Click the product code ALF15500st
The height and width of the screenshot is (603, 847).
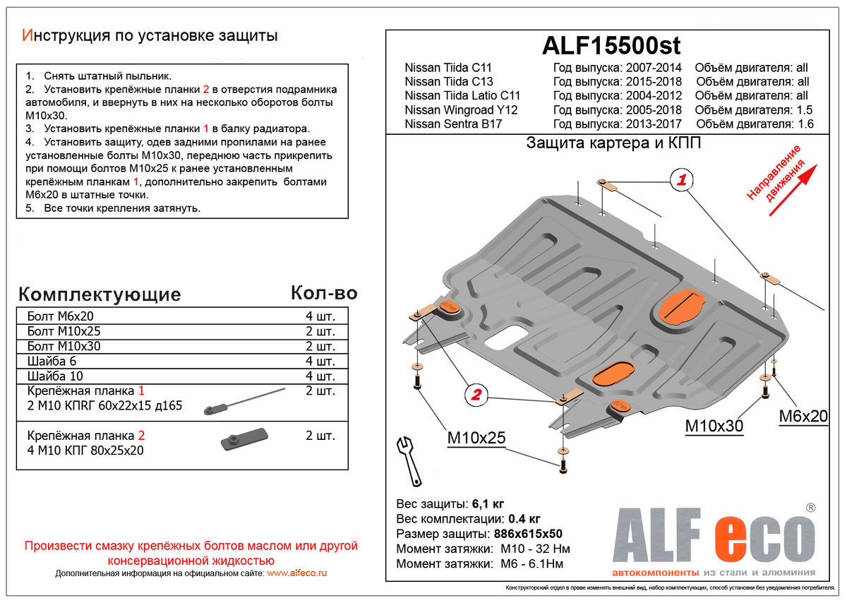(x=611, y=46)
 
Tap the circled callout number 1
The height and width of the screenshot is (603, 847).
(x=681, y=179)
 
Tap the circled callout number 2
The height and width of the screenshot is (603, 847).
(x=476, y=395)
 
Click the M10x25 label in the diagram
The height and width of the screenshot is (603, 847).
(x=476, y=438)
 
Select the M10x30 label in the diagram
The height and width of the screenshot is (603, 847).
(x=714, y=426)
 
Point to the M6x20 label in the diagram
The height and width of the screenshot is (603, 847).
(x=803, y=416)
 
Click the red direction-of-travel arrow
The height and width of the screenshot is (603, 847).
(x=793, y=190)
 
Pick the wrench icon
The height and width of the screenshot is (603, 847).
(x=409, y=461)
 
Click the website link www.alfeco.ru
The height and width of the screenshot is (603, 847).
(x=297, y=573)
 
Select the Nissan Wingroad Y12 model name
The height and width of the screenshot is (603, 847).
(x=461, y=109)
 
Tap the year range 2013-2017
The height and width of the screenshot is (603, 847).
(x=654, y=124)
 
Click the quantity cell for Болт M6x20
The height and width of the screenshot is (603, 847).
(x=320, y=316)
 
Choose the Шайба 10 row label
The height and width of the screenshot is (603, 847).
(x=55, y=376)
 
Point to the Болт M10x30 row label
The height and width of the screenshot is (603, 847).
(x=64, y=346)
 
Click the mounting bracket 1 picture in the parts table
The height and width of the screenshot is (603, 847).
(x=244, y=401)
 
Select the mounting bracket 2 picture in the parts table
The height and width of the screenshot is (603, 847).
(x=244, y=440)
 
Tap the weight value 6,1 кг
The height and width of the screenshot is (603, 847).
(x=488, y=503)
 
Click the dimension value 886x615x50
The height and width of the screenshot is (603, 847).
(x=528, y=533)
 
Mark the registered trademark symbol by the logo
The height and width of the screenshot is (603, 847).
(x=810, y=508)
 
